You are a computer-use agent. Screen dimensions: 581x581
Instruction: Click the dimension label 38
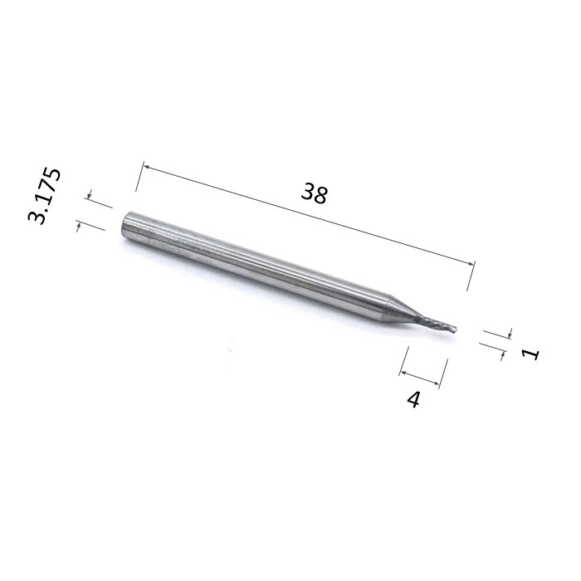[x=315, y=193]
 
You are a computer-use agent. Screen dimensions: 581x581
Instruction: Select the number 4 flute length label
[x=413, y=399]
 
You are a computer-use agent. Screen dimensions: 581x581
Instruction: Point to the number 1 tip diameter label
[x=530, y=354]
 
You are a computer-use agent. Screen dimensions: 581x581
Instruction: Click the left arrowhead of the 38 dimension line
[x=145, y=167]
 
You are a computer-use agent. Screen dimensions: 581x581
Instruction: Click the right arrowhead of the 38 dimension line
[x=471, y=263]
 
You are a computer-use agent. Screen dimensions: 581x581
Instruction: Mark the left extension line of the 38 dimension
[x=139, y=176]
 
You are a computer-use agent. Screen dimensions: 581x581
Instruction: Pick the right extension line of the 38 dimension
[x=471, y=276]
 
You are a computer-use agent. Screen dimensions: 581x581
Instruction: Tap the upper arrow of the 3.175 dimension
[x=90, y=194]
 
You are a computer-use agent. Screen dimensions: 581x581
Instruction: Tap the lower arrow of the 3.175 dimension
[x=79, y=227]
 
